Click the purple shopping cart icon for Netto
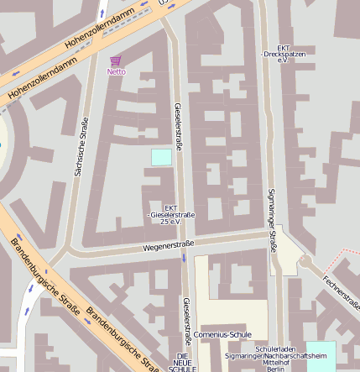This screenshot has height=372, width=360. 116,60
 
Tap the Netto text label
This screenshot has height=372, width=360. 116,72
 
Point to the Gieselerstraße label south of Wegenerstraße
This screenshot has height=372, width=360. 187,318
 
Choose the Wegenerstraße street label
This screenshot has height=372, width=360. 168,246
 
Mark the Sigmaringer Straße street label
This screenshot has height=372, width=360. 272,219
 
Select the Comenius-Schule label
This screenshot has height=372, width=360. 222,334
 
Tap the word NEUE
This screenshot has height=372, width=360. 183,362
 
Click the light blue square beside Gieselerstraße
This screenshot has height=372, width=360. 161,156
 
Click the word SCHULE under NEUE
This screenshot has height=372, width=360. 183,369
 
